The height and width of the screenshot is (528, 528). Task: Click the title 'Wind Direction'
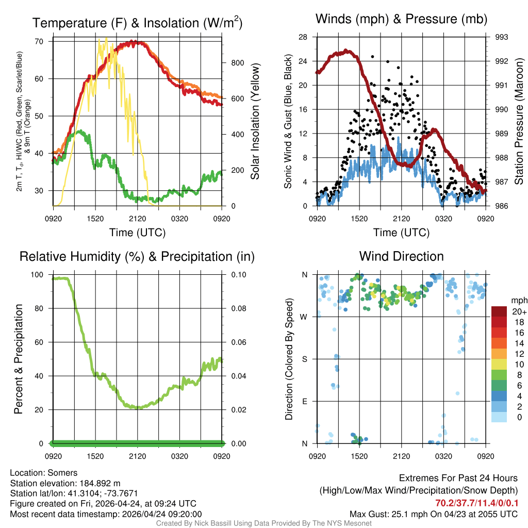tap(401, 256)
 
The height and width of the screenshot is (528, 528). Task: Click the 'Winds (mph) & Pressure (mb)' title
tap(401, 20)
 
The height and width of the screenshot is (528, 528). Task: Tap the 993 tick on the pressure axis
tap(502, 37)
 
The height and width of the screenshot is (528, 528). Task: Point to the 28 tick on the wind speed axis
tap(303, 37)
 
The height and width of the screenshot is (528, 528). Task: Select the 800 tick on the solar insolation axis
tap(237, 63)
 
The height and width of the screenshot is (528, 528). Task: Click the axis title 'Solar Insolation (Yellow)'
tap(255, 122)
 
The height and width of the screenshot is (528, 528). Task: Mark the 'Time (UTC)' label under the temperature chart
tap(137, 233)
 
